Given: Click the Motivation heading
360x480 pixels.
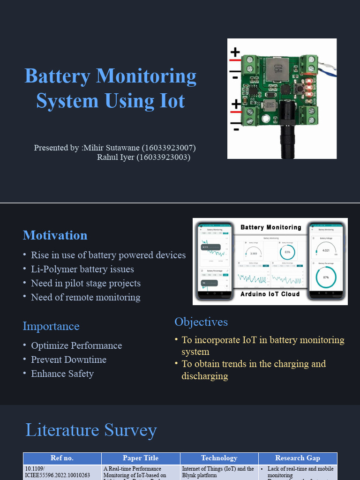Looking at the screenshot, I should coord(55,235).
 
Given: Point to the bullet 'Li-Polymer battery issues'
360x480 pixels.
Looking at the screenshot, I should coord(82,269).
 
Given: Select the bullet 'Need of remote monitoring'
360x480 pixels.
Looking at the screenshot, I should coord(85,297).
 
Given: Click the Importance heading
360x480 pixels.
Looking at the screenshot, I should coord(51,326).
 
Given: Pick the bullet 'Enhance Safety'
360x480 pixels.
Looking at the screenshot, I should coord(62,374).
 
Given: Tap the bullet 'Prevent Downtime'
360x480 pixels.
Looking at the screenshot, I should coord(68,360).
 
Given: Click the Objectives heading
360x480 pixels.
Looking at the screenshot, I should coord(201,322).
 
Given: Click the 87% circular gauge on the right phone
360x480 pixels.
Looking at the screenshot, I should coord(326,277).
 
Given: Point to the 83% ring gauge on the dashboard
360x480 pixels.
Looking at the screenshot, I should coord(287,253).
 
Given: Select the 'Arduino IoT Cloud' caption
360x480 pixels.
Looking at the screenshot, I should coord(270,294).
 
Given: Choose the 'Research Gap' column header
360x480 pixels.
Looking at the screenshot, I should coord(298,458).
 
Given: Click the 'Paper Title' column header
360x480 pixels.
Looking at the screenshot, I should coord(141,458).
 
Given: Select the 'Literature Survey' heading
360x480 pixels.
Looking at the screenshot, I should coord(91,430).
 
